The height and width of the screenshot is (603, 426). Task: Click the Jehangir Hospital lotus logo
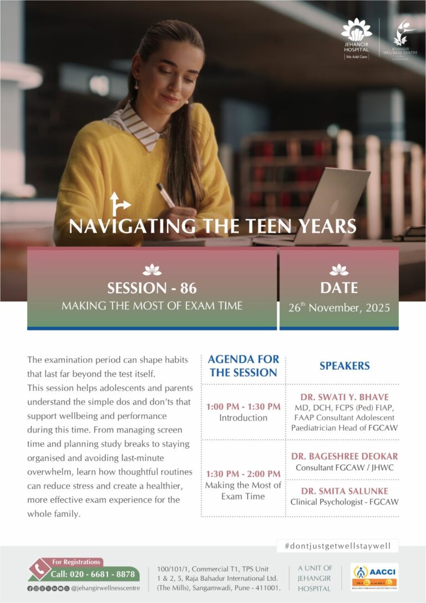[x=356, y=30]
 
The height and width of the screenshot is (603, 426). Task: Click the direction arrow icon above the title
[x=119, y=204]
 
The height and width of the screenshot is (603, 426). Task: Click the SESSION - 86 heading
[x=152, y=288]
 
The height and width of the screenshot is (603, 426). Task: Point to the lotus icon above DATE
[x=339, y=270]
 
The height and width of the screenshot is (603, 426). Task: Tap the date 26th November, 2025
[x=339, y=308]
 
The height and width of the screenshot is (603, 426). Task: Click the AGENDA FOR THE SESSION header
[x=243, y=366]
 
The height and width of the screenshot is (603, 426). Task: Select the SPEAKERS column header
[x=344, y=366]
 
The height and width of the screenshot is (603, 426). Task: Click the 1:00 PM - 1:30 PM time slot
[x=243, y=406]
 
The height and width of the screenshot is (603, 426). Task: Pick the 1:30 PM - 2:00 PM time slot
[x=243, y=473]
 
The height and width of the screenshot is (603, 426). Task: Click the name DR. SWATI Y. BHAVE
[x=344, y=397]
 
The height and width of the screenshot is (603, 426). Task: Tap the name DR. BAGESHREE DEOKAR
[x=344, y=456]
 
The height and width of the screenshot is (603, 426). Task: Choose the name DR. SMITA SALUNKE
[x=344, y=491]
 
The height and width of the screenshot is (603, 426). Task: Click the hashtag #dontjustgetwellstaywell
[x=337, y=546]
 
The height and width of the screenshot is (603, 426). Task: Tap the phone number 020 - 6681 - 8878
[x=93, y=575]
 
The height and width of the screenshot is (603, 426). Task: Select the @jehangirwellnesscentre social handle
[x=105, y=588]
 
